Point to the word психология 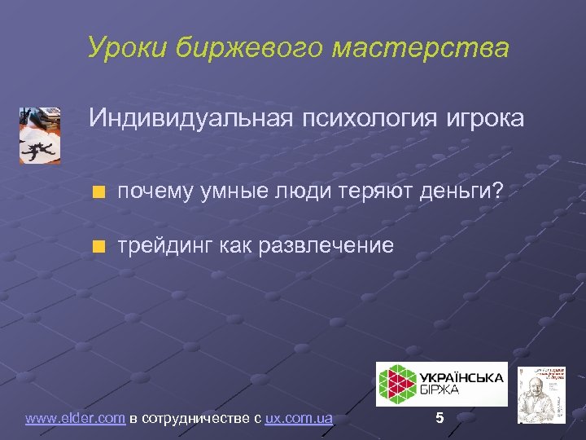point(365,119)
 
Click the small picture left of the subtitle point(40,135)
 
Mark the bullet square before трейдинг point(98,246)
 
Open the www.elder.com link point(75,419)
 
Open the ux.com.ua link point(299,419)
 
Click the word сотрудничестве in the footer point(200,419)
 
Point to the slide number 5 point(439,419)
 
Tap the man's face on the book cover point(538,390)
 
